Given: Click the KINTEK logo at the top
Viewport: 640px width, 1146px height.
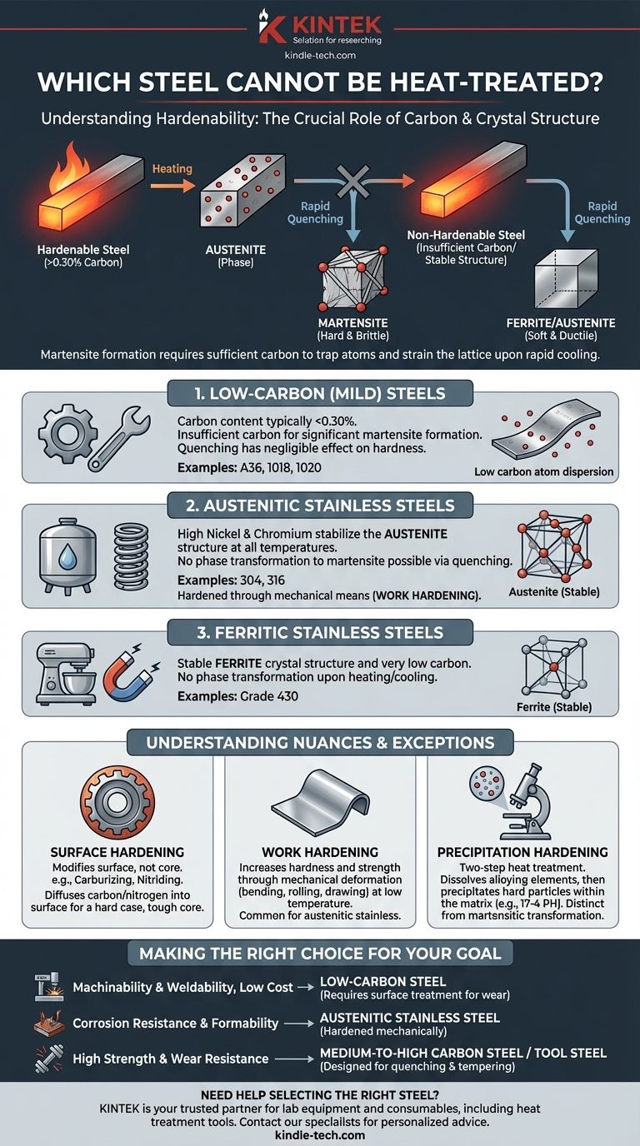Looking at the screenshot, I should [x=319, y=27].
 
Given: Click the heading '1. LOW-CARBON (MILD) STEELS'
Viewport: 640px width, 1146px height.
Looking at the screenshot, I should [x=319, y=393].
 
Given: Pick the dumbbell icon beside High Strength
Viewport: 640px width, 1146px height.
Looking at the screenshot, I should [x=45, y=1059].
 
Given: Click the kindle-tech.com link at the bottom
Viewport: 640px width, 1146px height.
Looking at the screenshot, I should [x=319, y=1135].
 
